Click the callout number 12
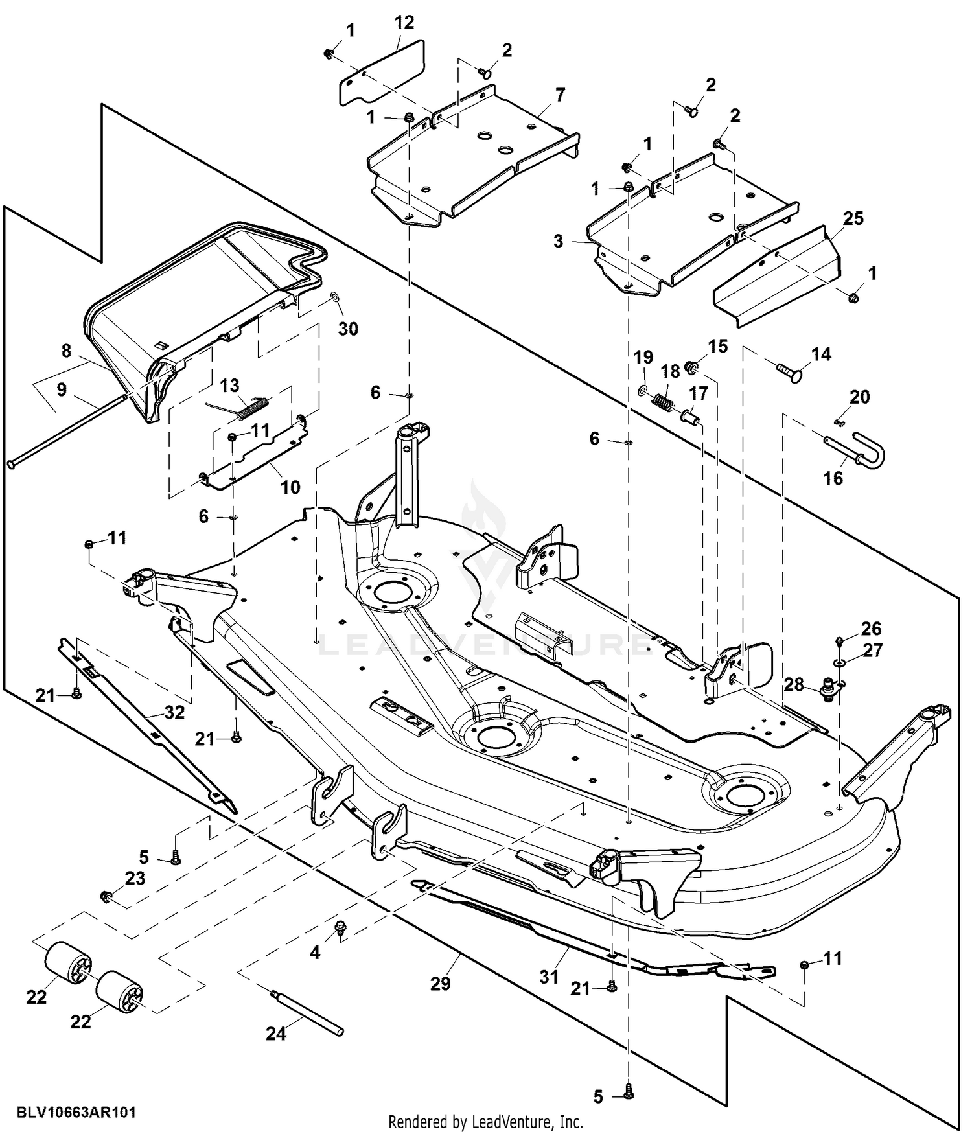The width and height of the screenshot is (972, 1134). [x=404, y=23]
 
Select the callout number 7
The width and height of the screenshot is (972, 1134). [x=559, y=95]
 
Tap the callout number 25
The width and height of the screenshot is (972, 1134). [x=853, y=218]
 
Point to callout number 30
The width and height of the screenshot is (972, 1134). [x=348, y=329]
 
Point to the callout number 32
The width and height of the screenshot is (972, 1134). [x=174, y=713]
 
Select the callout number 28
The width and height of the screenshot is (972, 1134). [x=794, y=684]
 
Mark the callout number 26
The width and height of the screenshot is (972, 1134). [x=871, y=628]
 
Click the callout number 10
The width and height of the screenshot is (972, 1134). [x=290, y=487]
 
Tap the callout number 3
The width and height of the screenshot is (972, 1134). [x=558, y=242]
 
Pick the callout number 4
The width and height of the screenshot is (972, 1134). [x=315, y=952]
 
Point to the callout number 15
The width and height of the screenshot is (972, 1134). [x=718, y=346]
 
